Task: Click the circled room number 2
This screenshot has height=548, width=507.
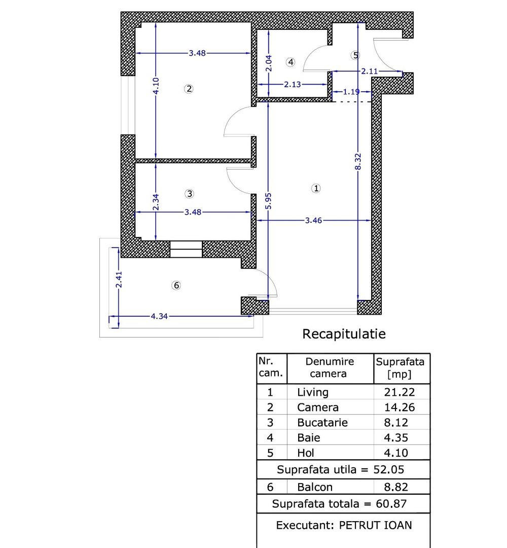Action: (189, 89)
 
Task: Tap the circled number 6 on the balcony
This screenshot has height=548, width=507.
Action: (176, 286)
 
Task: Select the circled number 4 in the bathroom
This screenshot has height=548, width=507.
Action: (290, 62)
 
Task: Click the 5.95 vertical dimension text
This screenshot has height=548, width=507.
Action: (269, 200)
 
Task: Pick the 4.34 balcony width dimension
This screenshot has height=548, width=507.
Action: (159, 316)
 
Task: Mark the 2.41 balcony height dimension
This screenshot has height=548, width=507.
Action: (119, 279)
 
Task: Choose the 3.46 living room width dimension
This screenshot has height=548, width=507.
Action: (314, 220)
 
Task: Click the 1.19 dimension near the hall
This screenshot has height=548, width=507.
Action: (351, 92)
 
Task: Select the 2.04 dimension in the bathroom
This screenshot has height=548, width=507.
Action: (269, 64)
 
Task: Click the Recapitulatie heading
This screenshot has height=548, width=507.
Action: (344, 334)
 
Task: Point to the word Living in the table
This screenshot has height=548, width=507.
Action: (312, 392)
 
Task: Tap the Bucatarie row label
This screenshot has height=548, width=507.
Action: (322, 422)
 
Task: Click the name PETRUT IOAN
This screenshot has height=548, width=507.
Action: (375, 525)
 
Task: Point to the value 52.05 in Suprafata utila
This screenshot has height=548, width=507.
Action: (389, 469)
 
